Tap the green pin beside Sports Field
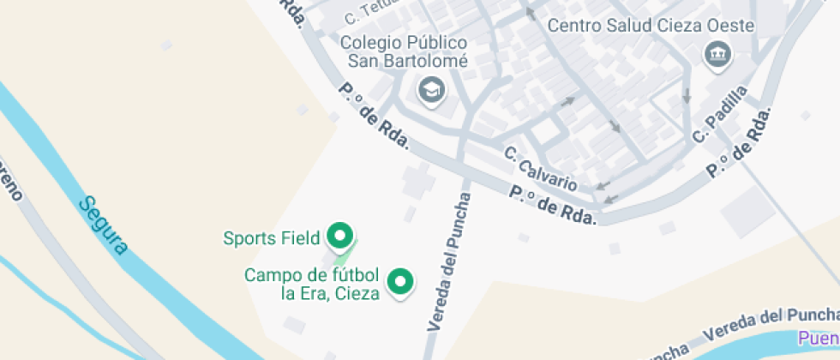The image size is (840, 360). coord(341,236)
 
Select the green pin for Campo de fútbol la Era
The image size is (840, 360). coord(399,281)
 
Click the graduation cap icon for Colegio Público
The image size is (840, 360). coord(431,88)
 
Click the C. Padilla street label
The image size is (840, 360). coord(721,113)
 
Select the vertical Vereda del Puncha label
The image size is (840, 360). coord(449,261)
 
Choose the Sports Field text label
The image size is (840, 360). coord(271,237)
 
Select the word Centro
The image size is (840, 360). coord(573,25)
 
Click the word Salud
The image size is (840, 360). coord(628,25)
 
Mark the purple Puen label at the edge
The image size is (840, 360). coord(819,338)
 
